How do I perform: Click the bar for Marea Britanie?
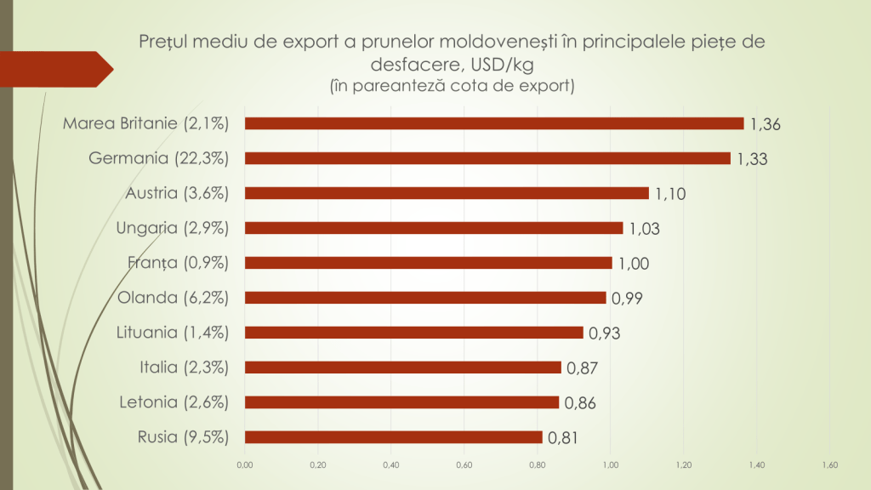493,123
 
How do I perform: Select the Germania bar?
487,158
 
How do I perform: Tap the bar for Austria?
446,193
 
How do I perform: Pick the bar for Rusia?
393,437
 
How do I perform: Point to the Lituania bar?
413,333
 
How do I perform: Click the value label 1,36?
766,125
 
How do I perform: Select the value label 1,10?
670,195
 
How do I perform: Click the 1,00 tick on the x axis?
610,465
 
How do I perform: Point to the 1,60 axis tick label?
830,465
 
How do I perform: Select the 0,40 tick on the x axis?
390,465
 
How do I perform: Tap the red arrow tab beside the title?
60,69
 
